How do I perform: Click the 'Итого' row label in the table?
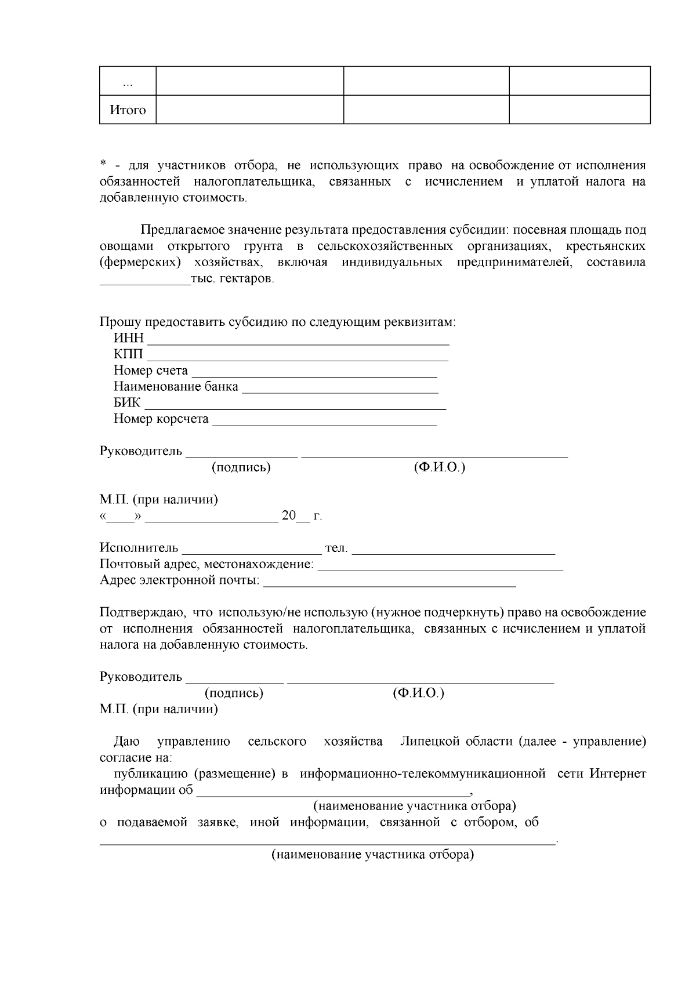tap(128, 110)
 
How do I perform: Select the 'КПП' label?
tap(128, 354)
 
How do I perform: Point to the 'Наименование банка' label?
tap(176, 387)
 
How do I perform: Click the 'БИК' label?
tap(127, 403)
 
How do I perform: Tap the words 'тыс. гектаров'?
tap(232, 279)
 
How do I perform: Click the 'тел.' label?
tap(336, 548)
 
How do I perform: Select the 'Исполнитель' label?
tap(139, 548)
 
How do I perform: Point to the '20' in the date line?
tap(288, 515)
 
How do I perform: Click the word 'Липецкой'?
tap(429, 742)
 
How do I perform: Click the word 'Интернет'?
tap(618, 774)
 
